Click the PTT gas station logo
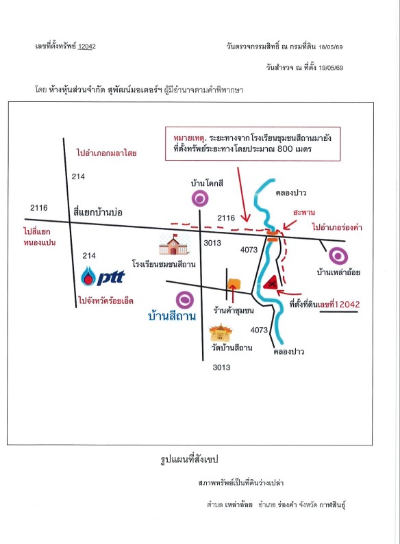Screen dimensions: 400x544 (103, 276)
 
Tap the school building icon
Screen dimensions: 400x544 (173, 244)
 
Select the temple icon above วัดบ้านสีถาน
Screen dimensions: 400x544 (221, 333)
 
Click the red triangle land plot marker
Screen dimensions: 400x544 (271, 283)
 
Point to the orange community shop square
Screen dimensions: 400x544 (234, 284)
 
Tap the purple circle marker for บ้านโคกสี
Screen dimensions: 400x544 (200, 199)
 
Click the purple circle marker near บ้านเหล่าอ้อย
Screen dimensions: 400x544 (338, 256)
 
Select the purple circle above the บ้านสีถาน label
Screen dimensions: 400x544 (185, 300)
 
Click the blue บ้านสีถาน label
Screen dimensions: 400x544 (172, 316)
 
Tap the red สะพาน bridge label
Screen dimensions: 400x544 (303, 212)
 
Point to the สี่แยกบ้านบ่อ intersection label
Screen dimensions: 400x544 (98, 212)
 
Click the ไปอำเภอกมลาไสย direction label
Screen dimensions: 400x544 (107, 153)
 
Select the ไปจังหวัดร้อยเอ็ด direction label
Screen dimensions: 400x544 (106, 300)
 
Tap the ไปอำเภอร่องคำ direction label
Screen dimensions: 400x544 (337, 227)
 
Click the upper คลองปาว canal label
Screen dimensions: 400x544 (291, 192)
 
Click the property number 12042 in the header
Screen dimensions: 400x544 (87, 46)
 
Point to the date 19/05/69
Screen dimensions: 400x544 (331, 68)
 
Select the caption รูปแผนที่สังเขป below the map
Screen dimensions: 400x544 (189, 460)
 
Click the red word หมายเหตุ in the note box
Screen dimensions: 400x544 (189, 138)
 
